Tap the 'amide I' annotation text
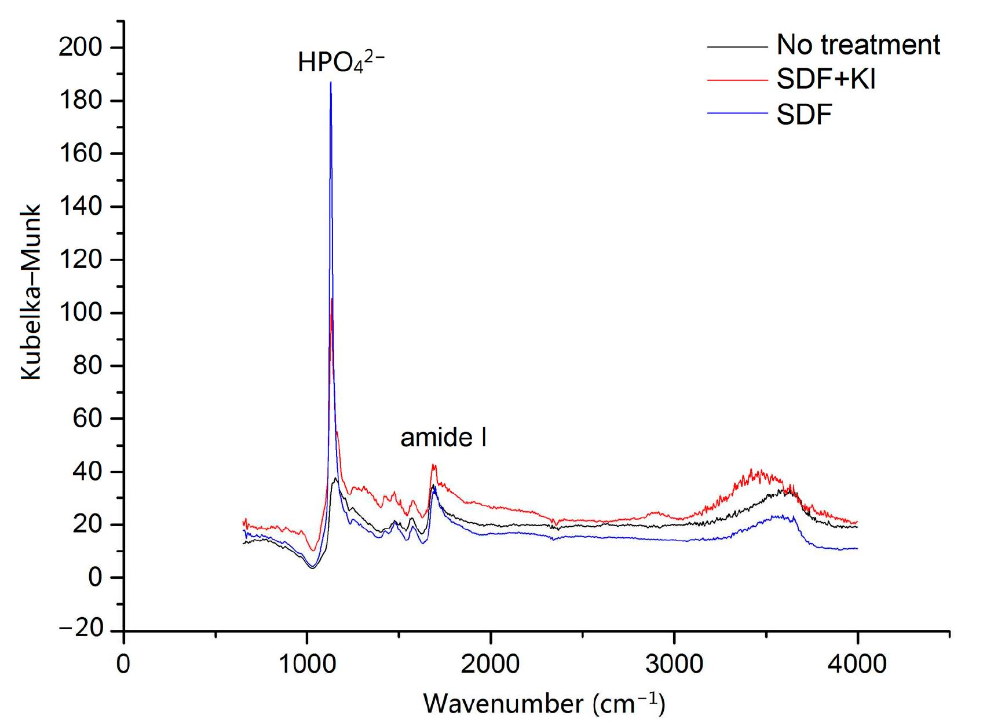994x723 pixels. pos(443,438)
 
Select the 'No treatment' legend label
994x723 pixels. pos(858,45)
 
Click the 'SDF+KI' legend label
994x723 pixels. pos(825,79)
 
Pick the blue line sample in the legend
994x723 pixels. pos(736,114)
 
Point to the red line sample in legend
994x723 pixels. pos(736,79)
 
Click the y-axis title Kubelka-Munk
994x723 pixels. pos(32,292)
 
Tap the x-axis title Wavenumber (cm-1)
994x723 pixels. pos(544,703)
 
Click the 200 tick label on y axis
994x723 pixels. pos(79,47)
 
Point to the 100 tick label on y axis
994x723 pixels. pos(79,313)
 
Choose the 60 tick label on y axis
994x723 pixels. pos(87,419)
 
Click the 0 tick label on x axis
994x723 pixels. pos(123,663)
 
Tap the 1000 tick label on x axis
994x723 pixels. pos(307,663)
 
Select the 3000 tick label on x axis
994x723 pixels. pos(674,663)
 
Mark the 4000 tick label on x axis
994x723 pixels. pos(857,663)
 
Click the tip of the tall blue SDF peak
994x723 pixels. pos(331,83)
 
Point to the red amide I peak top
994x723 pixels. pos(433,465)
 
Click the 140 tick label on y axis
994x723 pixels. pos(79,207)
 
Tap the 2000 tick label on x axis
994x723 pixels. pos(491,663)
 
